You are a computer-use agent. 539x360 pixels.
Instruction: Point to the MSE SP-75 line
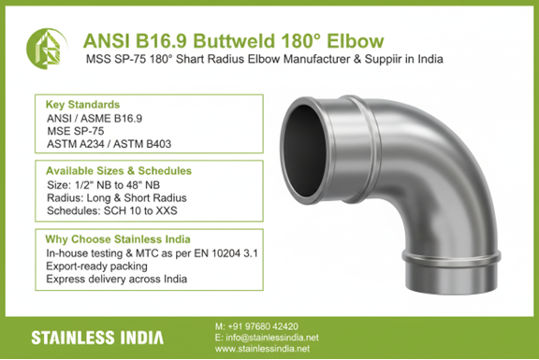click(78, 133)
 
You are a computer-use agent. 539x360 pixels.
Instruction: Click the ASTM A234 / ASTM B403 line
click(112, 146)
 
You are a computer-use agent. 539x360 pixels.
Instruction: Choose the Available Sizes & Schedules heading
click(119, 171)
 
